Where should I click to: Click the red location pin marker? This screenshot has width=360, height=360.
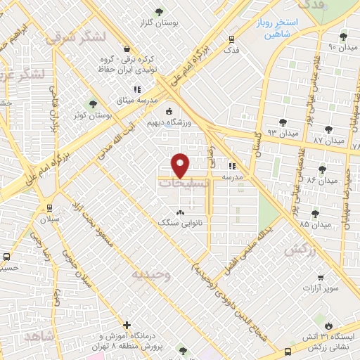click(x=181, y=165)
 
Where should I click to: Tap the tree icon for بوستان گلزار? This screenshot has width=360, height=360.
click(x=158, y=11)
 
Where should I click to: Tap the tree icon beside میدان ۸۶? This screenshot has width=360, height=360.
click(x=322, y=169)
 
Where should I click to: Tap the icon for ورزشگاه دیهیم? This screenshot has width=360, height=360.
click(x=167, y=110)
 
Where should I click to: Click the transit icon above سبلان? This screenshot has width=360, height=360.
click(x=49, y=207)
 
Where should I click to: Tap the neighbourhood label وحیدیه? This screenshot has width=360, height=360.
click(x=150, y=274)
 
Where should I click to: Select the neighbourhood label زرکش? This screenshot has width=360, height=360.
click(x=298, y=250)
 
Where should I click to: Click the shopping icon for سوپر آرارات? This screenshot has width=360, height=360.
click(x=320, y=278)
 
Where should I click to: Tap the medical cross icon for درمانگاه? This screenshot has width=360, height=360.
click(x=127, y=325)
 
